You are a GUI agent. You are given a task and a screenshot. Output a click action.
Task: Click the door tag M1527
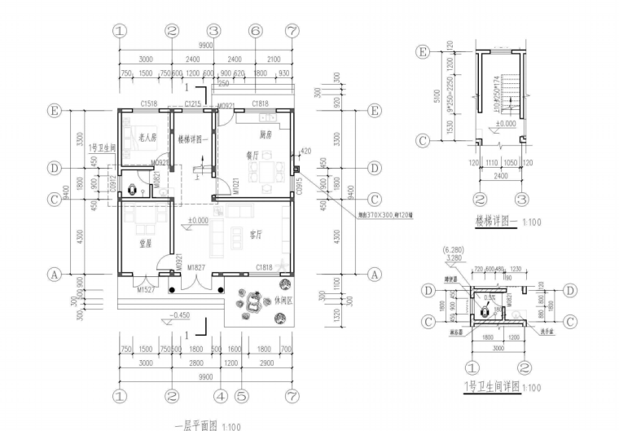tap(146, 289)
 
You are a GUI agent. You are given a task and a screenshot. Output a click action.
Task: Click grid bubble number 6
tap(255, 31)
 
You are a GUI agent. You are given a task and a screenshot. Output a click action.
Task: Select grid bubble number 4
tap(220, 397)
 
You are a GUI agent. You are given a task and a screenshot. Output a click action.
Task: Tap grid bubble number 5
tap(240, 397)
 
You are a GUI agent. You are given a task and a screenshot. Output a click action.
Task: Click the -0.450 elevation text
tap(180, 314)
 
